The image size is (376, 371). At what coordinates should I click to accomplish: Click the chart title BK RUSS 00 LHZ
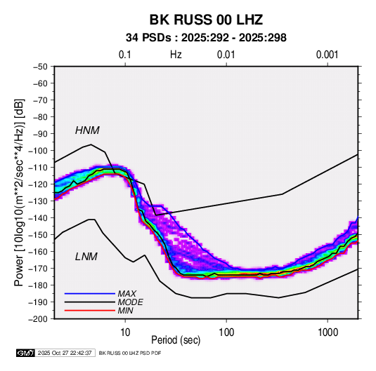206,20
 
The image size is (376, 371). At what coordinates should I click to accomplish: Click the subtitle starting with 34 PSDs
206,38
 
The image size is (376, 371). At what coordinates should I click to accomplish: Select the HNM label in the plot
87,130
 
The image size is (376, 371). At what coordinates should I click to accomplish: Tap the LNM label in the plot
86,257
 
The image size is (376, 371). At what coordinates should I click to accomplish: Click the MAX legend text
127,294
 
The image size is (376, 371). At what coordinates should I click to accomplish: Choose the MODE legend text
130,302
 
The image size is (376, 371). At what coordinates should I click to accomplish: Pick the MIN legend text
125,311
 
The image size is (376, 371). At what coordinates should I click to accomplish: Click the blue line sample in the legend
90,294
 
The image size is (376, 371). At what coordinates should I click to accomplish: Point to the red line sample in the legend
90,311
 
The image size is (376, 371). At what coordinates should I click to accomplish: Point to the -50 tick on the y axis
40,67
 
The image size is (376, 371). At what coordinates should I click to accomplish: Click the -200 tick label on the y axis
38,319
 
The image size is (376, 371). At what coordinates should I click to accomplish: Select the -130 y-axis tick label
38,201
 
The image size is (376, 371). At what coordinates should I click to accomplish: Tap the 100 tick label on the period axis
226,332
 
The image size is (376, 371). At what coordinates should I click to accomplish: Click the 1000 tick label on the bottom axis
328,332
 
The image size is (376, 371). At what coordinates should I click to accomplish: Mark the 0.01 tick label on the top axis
226,55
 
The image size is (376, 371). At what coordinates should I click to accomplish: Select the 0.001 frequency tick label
327,55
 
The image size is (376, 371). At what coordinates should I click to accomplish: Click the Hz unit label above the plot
176,55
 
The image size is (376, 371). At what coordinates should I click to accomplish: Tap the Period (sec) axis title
176,340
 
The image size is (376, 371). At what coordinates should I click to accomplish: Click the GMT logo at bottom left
25,353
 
